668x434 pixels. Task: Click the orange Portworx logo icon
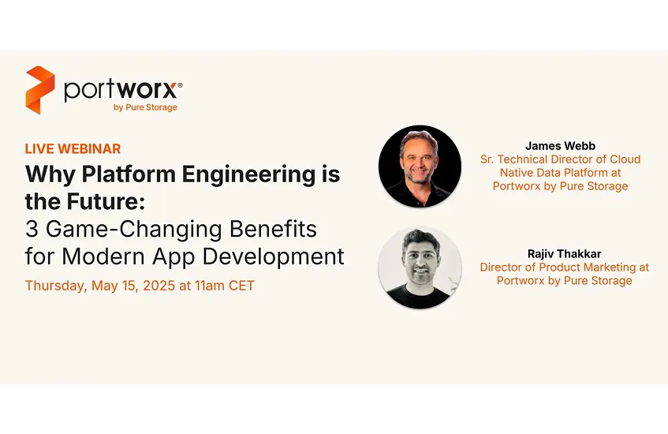[40, 90]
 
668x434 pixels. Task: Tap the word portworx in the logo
[121, 89]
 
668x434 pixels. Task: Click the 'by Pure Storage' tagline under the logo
[145, 107]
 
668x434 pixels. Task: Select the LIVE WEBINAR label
[73, 149]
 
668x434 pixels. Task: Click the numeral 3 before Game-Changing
[32, 229]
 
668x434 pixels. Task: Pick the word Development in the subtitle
[273, 257]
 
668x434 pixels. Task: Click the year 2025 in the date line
[159, 286]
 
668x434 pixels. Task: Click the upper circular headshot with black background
[420, 166]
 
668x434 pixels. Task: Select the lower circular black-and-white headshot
[420, 268]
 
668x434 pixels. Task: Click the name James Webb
[560, 146]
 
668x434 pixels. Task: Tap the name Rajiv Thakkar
[565, 253]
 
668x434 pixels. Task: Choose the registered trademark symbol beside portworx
[180, 85]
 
